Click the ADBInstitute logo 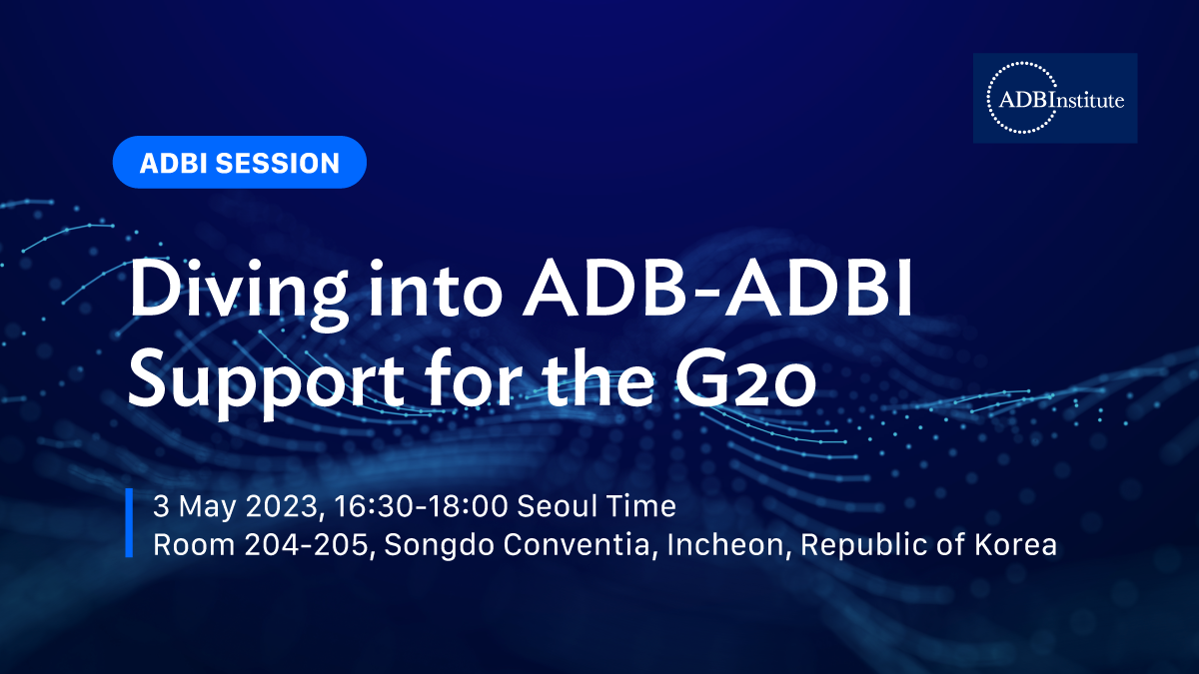(1055, 98)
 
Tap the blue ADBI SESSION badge (239, 162)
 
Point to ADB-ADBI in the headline (717, 289)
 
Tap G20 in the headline (745, 378)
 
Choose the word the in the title (598, 377)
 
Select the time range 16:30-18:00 (421, 506)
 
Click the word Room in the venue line (194, 544)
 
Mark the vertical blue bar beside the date (129, 522)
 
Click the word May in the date (207, 507)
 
